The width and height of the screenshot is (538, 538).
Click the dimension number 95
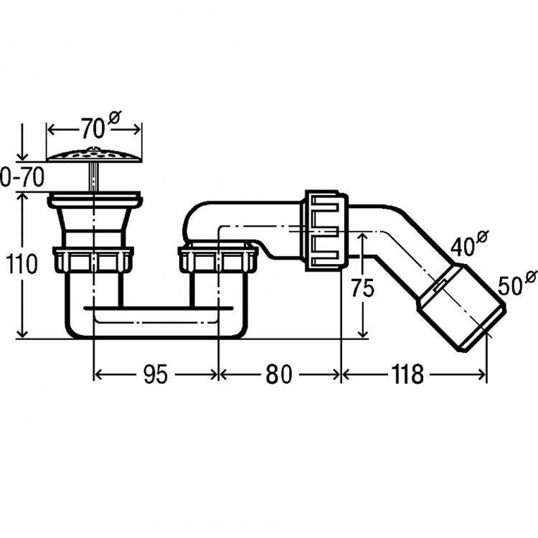156,374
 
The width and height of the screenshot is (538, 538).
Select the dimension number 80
278,374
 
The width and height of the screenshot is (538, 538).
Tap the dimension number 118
407,374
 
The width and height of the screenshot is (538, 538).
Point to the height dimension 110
22,264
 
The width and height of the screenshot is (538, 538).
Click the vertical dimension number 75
362,288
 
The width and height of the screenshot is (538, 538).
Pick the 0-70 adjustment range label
22,177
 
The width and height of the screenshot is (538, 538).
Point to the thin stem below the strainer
94,176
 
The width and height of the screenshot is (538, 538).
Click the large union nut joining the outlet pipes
326,230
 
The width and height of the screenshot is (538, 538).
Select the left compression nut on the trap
93,260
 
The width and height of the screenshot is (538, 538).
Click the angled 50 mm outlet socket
461,306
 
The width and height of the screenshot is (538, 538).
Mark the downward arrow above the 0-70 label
22,142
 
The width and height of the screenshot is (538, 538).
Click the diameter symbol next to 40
483,237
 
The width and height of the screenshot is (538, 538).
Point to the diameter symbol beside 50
531,277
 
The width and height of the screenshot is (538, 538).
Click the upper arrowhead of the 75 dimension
362,237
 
